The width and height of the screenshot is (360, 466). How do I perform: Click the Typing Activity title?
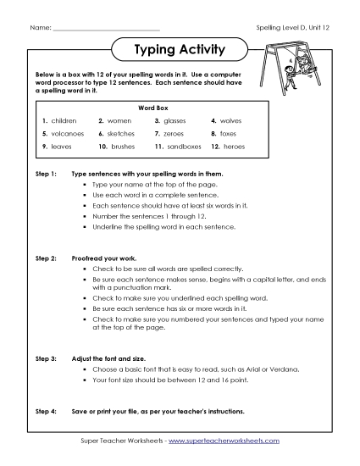[x=180, y=49]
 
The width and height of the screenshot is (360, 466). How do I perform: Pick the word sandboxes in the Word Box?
[x=185, y=147]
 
